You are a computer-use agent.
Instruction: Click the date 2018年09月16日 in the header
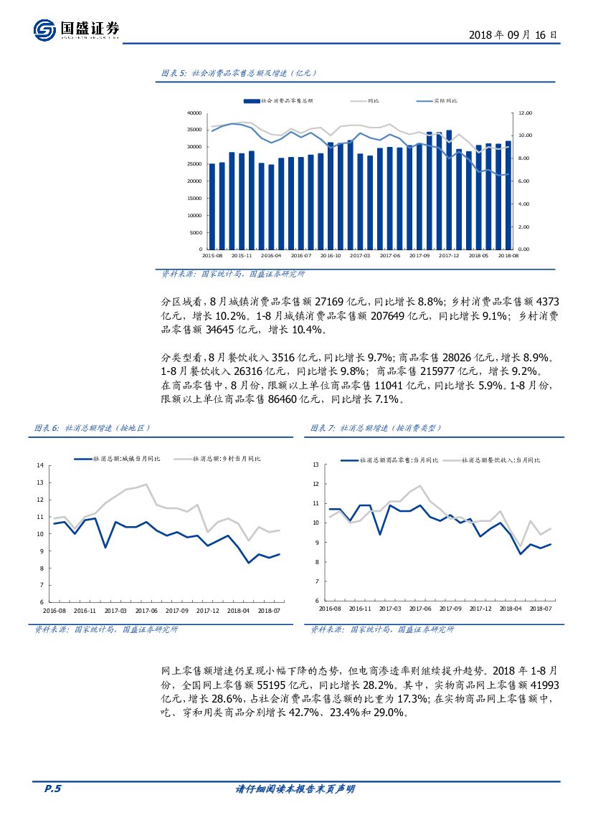(x=512, y=34)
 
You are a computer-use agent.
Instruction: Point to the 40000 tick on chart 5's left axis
(x=193, y=113)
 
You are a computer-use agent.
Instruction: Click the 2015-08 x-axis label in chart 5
(x=212, y=255)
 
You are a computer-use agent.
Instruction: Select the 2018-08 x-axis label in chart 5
(x=508, y=255)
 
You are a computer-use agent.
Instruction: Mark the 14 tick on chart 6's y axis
(x=40, y=465)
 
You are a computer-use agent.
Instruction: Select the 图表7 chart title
(x=376, y=428)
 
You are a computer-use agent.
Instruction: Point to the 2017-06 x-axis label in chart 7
(x=420, y=608)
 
